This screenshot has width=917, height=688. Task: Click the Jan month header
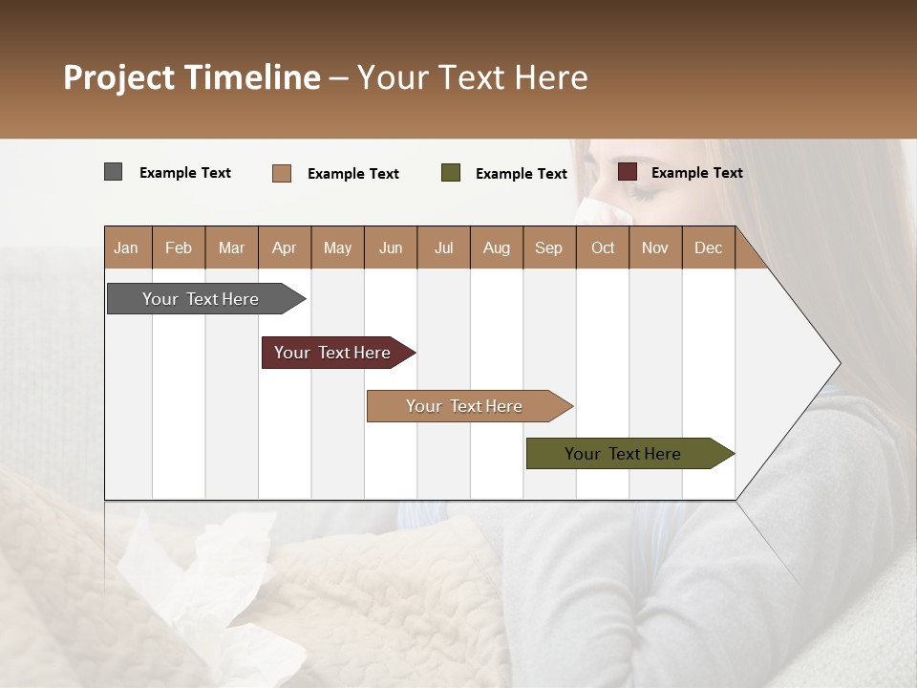126,247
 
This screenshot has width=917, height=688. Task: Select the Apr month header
284,247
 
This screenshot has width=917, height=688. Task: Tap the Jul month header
443,247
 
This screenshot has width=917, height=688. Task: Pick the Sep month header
548,247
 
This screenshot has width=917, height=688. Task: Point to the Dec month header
708,247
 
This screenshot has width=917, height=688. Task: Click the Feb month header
179,247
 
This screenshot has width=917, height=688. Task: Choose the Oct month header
603,247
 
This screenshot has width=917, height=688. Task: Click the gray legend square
114,172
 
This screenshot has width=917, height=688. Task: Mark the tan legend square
282,173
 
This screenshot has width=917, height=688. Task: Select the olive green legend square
451,173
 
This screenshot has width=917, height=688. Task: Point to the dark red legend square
628,172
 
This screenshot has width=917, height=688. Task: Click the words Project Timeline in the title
192,77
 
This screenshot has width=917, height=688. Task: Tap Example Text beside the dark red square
696,172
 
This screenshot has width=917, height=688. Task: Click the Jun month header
391,247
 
